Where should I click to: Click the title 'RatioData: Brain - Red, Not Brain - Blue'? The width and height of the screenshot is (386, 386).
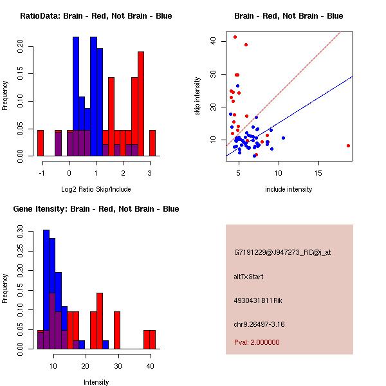coord(96,16)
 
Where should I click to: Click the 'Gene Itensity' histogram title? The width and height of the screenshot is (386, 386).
coord(96,209)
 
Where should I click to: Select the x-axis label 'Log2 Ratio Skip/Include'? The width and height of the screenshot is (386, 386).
coord(96,189)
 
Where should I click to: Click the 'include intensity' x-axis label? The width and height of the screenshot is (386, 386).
coord(289,189)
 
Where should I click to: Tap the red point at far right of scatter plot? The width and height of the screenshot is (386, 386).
coord(348,145)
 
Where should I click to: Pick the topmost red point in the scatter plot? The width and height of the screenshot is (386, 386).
coord(235,37)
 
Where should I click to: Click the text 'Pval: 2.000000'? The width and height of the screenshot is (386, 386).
coord(257,342)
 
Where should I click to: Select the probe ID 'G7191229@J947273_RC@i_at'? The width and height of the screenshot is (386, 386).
coord(282,253)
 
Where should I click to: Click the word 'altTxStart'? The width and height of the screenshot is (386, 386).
coord(249,277)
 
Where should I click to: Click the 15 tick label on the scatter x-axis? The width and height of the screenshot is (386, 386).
coord(318,173)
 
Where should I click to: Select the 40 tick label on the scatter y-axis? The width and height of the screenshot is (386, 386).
coord(213,41)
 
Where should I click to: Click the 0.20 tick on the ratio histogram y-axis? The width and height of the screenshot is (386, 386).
coord(20,46)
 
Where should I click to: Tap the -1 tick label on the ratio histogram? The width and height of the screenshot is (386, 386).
coord(41,173)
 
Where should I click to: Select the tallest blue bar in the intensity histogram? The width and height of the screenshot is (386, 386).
coord(46,289)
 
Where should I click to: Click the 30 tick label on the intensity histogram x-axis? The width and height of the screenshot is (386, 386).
coord(117,366)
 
